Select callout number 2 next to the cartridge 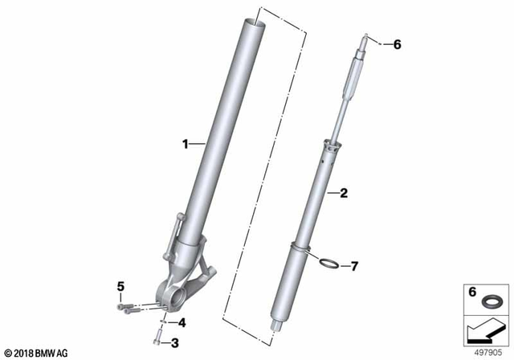pyautogui.click(x=344, y=193)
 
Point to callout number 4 pyautogui.click(x=182, y=323)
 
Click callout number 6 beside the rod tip pyautogui.click(x=395, y=45)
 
